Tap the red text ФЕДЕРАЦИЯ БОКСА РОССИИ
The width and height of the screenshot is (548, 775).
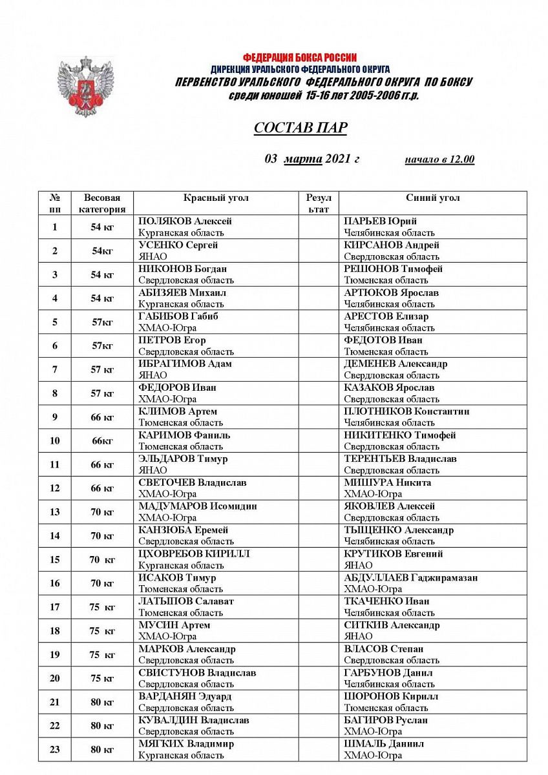(x=300, y=57)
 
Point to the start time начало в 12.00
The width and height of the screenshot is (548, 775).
(x=439, y=160)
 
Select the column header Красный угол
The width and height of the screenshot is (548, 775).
(x=216, y=198)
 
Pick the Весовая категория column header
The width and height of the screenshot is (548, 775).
(x=102, y=203)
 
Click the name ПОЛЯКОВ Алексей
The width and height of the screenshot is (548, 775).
(x=185, y=222)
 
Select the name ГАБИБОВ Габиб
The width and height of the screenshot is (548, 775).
(x=178, y=316)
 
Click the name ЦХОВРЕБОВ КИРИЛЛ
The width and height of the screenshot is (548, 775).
(x=194, y=554)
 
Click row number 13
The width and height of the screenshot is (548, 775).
(x=55, y=512)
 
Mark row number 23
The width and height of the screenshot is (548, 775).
(x=55, y=750)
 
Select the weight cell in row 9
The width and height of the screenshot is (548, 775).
(x=102, y=417)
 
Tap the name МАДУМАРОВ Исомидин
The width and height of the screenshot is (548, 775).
(x=197, y=506)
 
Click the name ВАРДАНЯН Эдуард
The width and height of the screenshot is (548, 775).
(x=185, y=697)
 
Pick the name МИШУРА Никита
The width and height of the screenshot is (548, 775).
(x=387, y=482)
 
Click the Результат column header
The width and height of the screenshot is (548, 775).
(x=318, y=203)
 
